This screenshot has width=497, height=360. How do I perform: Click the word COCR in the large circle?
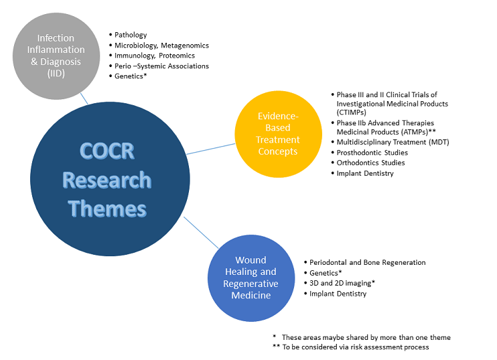107,151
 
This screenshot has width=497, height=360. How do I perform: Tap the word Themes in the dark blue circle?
107,208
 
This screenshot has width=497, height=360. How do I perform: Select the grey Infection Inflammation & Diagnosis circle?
56,56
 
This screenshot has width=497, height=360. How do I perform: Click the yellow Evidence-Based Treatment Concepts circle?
278,134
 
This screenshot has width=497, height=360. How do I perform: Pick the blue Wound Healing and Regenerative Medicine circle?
251,278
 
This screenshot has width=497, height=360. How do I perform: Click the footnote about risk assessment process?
350,347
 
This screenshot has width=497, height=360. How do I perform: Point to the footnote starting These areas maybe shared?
362,337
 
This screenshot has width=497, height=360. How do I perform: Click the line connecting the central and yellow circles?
211,149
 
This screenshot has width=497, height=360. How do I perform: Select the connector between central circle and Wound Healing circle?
201,233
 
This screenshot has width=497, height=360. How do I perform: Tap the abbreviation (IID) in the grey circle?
56,74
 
